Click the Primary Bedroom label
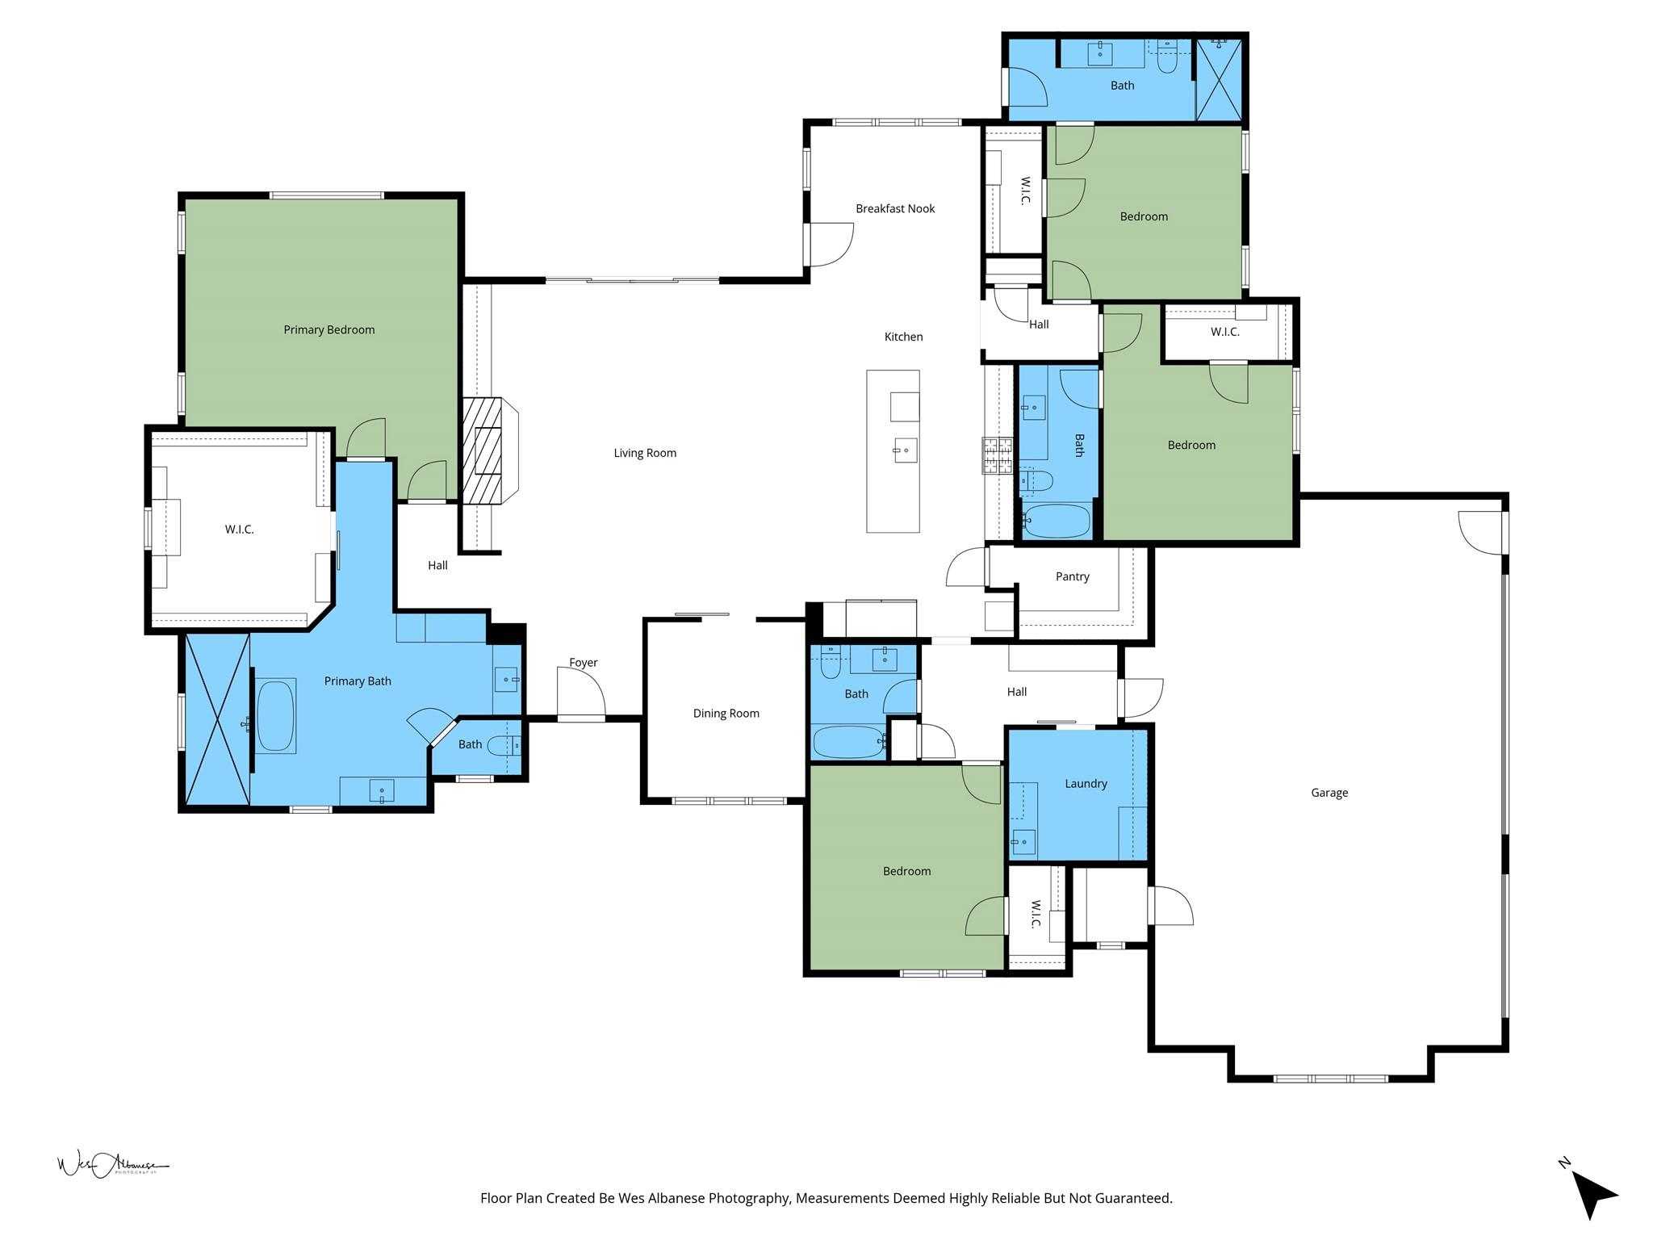click(x=329, y=329)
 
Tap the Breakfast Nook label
click(x=895, y=208)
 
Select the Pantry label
click(x=1073, y=576)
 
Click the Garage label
click(x=1329, y=793)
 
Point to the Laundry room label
click(x=1086, y=783)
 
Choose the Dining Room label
click(x=726, y=713)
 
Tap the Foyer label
click(x=584, y=663)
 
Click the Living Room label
click(x=645, y=453)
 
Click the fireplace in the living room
click(x=489, y=450)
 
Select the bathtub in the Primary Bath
click(x=276, y=716)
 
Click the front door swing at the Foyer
click(x=582, y=693)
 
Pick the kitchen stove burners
click(x=997, y=455)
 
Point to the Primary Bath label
click(x=358, y=681)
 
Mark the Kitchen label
click(x=903, y=337)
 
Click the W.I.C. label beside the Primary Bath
click(x=239, y=530)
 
